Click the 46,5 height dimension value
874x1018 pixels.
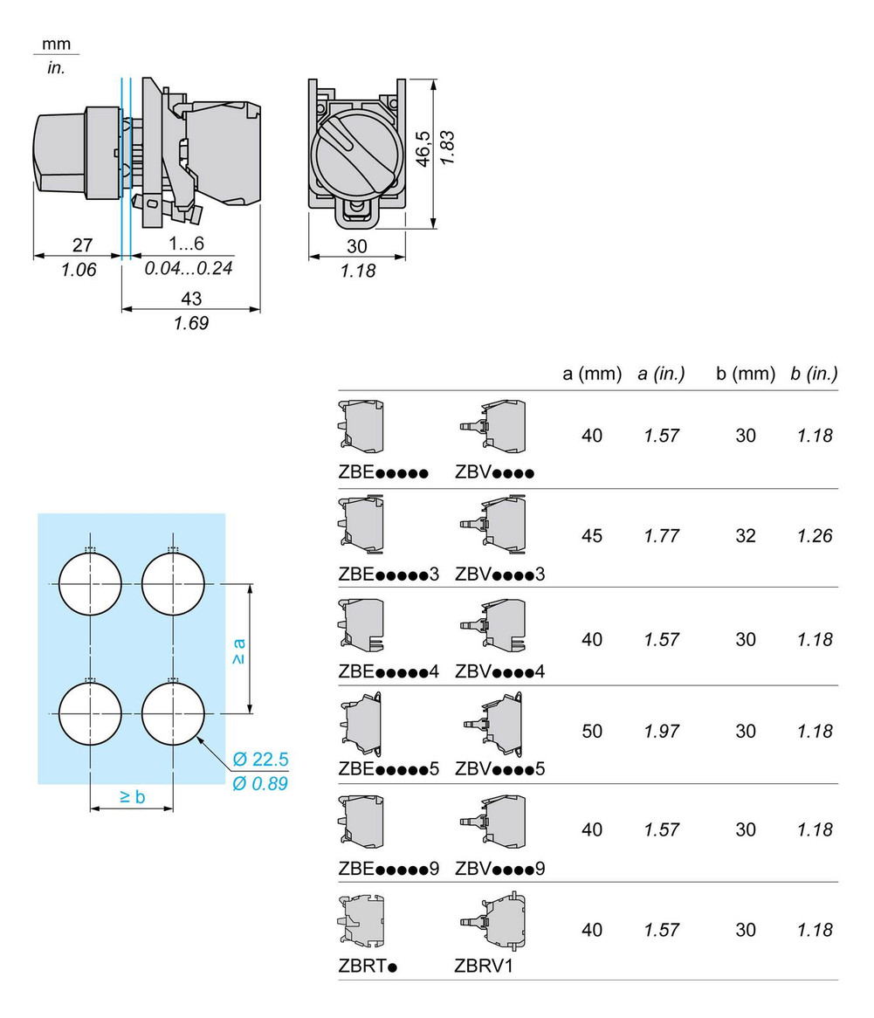(x=423, y=149)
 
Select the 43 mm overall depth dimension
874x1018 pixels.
(x=191, y=299)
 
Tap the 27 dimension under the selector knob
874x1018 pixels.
(x=82, y=246)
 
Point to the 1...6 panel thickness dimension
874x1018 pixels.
(x=187, y=246)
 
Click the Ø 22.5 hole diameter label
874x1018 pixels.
(x=261, y=759)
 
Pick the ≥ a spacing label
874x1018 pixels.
(x=237, y=651)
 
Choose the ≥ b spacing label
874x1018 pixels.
(x=132, y=795)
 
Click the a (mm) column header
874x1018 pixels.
(x=591, y=374)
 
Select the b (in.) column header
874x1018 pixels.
(x=814, y=374)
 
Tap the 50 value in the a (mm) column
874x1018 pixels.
(x=591, y=731)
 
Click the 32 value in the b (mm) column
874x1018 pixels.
(x=745, y=536)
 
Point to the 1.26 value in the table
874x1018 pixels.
(x=814, y=536)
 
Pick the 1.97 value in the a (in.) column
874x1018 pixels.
(x=661, y=731)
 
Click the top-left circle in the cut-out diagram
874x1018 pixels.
(x=90, y=583)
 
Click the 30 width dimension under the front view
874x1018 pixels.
(x=356, y=246)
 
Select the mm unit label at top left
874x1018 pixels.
(x=55, y=45)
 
